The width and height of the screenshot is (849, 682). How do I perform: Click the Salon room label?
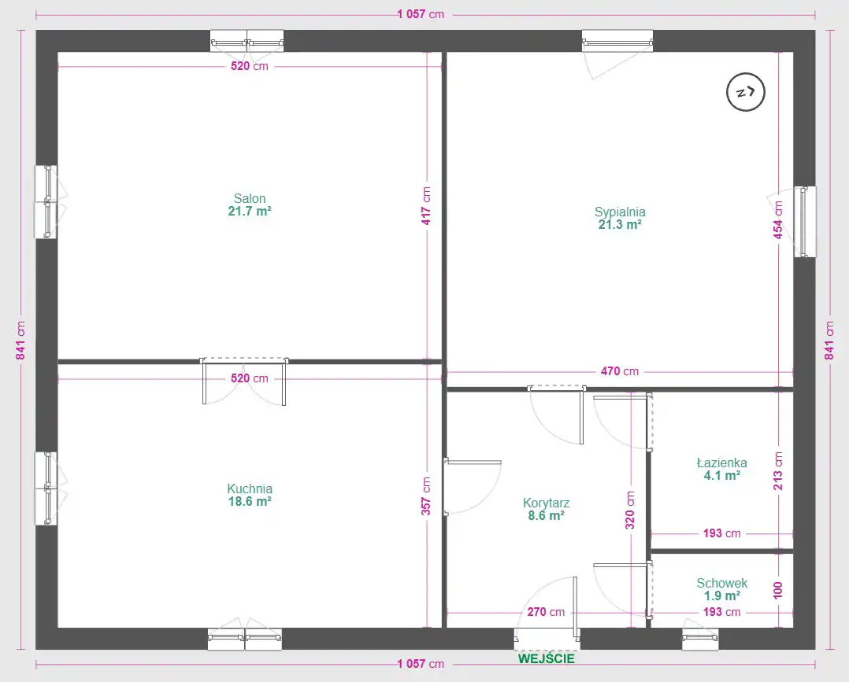click(x=250, y=198)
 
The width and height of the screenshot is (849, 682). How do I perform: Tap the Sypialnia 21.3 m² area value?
click(x=620, y=224)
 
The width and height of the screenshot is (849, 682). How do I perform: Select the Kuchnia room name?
click(x=250, y=489)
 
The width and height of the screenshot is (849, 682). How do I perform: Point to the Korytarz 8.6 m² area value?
click(x=547, y=515)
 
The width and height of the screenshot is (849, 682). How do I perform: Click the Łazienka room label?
click(x=721, y=463)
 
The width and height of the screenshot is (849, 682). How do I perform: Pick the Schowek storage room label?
click(x=721, y=583)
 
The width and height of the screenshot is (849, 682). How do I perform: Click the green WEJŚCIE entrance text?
click(x=547, y=658)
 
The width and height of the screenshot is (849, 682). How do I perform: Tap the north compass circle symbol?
click(x=746, y=93)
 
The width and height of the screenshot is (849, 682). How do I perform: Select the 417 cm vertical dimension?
click(x=427, y=206)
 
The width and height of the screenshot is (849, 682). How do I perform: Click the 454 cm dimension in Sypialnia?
click(x=778, y=220)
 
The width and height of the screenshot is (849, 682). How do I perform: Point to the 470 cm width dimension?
click(x=619, y=371)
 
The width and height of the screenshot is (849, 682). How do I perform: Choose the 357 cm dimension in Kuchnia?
click(x=427, y=496)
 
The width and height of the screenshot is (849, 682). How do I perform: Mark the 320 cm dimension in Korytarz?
click(x=630, y=510)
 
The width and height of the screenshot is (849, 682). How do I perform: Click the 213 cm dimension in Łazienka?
click(x=778, y=471)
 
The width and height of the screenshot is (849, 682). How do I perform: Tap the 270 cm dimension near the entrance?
click(x=546, y=612)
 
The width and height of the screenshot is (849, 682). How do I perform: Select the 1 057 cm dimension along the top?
click(x=421, y=14)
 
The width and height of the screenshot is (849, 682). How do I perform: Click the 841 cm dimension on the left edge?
click(x=20, y=341)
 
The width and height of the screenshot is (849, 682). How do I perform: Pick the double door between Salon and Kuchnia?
click(x=244, y=381)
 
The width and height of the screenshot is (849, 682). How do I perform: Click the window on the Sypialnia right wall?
click(x=805, y=222)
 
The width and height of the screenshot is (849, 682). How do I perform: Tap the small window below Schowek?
click(x=700, y=639)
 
